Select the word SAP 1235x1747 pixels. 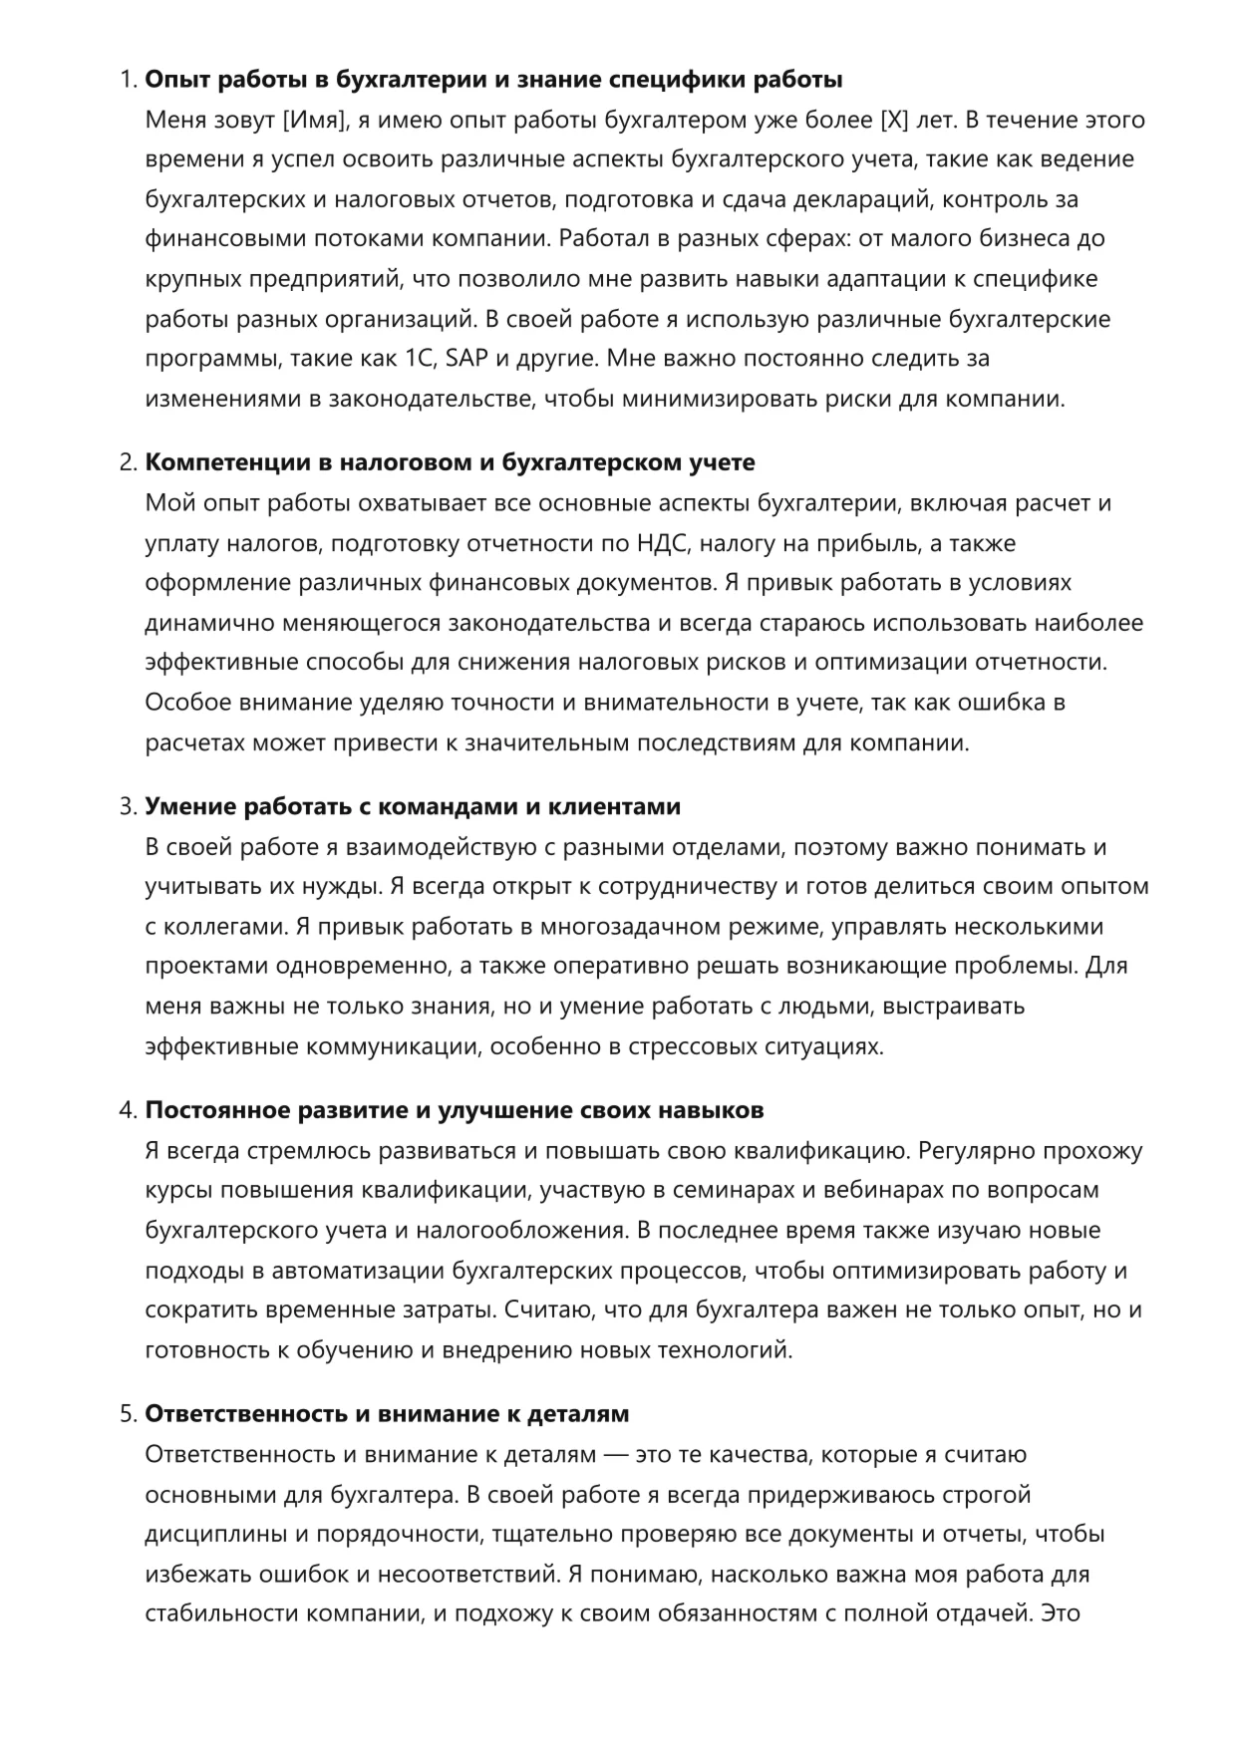coord(466,359)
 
